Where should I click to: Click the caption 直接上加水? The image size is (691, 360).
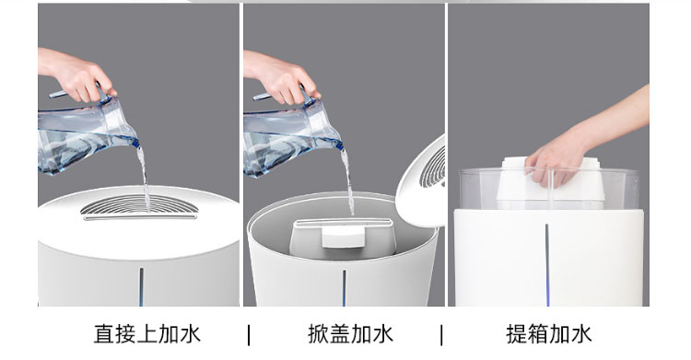(x=147, y=333)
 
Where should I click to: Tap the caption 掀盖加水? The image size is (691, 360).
(x=350, y=333)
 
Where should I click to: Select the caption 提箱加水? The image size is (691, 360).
(x=549, y=333)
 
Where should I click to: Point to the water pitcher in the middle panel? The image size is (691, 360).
(x=291, y=134)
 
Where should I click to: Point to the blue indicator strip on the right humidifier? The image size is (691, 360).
(x=547, y=264)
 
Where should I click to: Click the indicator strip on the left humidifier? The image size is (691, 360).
(x=142, y=286)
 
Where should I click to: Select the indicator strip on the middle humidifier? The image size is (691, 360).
(x=345, y=288)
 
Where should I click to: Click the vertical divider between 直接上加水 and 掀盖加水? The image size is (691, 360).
(x=249, y=334)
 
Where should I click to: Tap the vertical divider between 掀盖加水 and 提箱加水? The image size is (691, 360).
(x=441, y=334)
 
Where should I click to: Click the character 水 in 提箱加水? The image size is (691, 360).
(x=580, y=333)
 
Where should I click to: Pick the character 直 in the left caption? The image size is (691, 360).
(x=104, y=333)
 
